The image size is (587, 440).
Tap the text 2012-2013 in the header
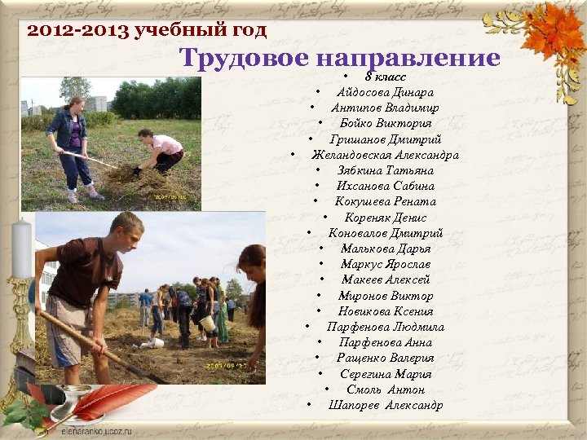(68, 32)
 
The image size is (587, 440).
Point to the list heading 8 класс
(386, 77)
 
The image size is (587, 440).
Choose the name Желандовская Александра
(385, 155)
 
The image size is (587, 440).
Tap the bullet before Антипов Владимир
(313, 108)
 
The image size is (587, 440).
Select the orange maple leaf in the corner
(554, 33)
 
